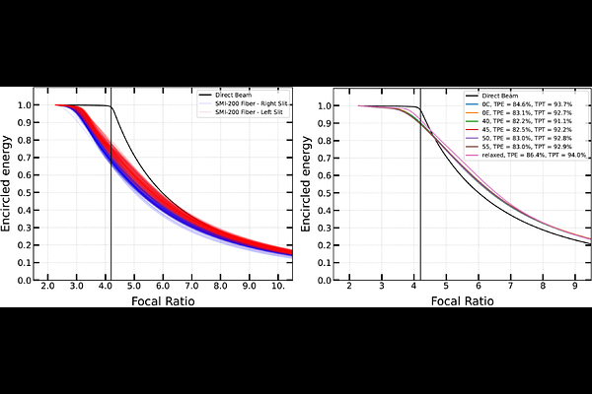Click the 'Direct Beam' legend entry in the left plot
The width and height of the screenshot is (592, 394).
pos(237,97)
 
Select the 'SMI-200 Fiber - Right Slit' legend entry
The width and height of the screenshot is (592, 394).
pos(248,104)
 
